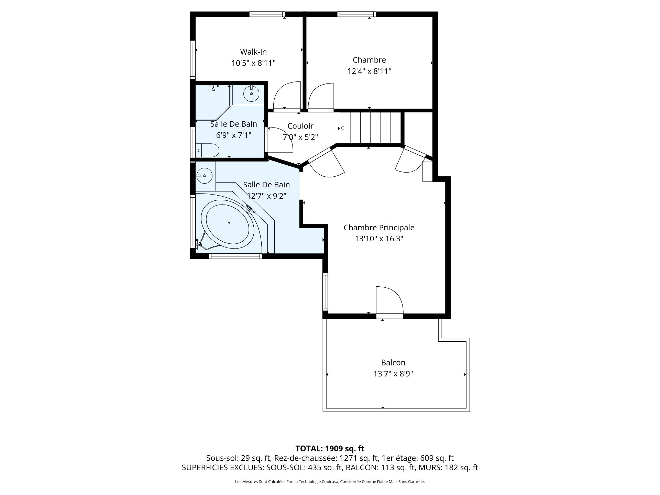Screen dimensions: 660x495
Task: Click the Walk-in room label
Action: (253, 52)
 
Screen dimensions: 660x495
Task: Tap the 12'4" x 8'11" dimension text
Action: (369, 71)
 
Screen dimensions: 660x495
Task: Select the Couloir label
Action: (300, 126)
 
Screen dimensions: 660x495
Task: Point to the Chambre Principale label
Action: (379, 227)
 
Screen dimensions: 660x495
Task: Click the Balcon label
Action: (393, 362)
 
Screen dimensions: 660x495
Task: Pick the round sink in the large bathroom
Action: (205, 176)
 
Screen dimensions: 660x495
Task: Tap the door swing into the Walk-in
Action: (287, 96)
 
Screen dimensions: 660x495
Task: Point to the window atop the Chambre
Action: (356, 14)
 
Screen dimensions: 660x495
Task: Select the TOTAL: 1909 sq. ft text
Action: (330, 448)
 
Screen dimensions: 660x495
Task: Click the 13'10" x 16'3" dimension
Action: (379, 239)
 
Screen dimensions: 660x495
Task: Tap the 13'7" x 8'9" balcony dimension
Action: (393, 374)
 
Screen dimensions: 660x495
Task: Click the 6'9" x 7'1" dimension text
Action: (233, 135)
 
